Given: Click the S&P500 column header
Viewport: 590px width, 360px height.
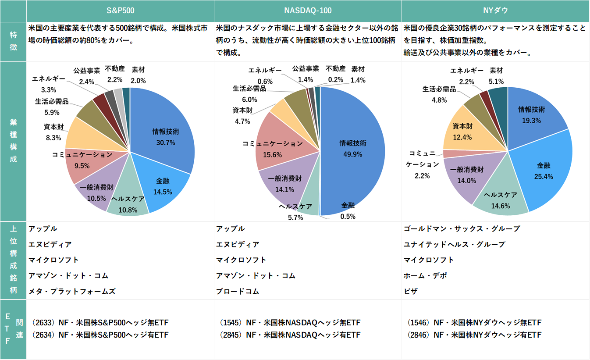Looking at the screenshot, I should [x=120, y=11].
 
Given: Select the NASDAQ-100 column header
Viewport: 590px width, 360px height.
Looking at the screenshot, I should [x=308, y=11].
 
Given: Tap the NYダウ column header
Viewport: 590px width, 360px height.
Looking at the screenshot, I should [x=495, y=11].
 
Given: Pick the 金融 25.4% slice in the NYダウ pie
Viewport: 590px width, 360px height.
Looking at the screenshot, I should [x=546, y=171].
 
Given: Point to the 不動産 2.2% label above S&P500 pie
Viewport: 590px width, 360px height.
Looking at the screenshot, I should [x=114, y=75].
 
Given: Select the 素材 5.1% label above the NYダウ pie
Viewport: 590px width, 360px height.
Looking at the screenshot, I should [x=496, y=75].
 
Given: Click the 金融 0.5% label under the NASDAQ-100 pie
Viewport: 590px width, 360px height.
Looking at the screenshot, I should [x=348, y=211].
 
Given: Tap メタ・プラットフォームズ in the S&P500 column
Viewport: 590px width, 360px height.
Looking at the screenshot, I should [x=72, y=291].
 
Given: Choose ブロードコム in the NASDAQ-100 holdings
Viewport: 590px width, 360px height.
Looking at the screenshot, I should [x=238, y=291].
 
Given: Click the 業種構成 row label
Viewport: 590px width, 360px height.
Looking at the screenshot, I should [x=13, y=141].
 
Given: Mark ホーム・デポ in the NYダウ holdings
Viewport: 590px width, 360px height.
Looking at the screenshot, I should [x=426, y=275].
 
